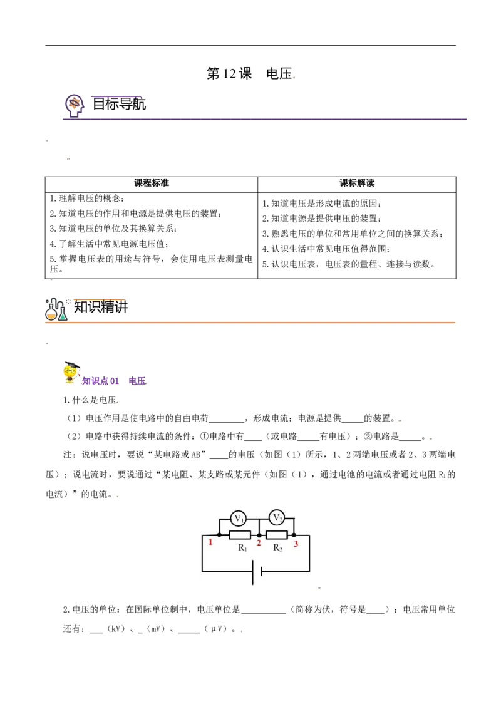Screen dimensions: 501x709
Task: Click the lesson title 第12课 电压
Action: [250, 73]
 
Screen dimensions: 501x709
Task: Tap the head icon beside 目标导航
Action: [74, 106]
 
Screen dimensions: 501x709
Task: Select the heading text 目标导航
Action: [120, 104]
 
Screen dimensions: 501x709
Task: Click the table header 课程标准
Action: [152, 183]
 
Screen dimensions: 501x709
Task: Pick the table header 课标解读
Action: [357, 183]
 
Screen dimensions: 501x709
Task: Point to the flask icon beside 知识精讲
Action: [56, 309]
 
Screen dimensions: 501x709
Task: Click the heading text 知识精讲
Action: [101, 307]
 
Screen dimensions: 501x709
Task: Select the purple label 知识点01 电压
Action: [114, 381]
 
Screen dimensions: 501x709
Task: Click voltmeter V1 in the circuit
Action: [239, 519]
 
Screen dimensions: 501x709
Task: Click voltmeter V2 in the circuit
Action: [277, 517]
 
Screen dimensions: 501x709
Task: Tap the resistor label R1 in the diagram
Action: [243, 548]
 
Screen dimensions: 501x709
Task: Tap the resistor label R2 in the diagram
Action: [277, 548]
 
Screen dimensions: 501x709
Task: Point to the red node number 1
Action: [210, 542]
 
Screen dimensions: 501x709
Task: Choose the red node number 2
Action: [259, 543]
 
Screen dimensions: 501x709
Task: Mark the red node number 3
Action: [296, 544]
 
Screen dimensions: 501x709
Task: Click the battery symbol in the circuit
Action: [257, 572]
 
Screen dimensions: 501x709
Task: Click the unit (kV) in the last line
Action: [116, 629]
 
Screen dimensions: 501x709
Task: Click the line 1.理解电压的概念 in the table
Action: [87, 199]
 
